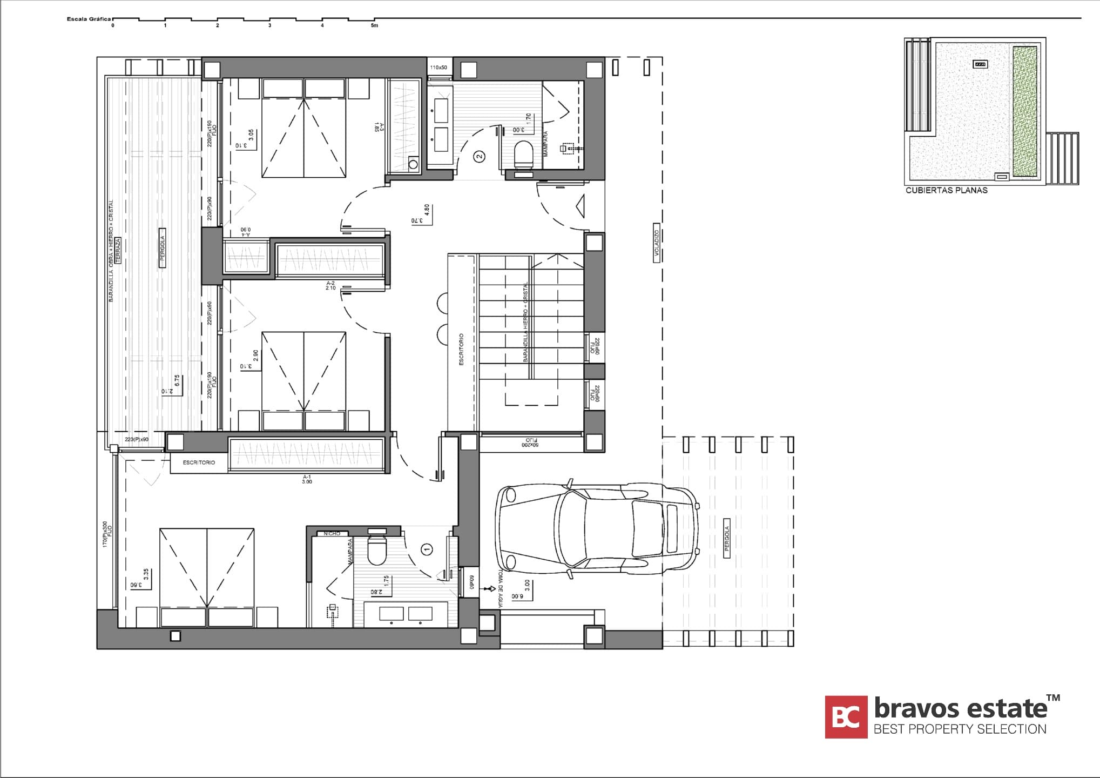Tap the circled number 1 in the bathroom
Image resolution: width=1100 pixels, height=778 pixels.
[x=427, y=550]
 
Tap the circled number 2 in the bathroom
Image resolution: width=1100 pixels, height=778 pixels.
[x=479, y=157]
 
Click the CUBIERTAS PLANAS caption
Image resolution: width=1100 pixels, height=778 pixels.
[x=946, y=190]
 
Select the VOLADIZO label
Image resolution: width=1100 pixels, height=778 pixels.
[x=657, y=243]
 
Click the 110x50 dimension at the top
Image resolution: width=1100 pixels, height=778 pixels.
[x=438, y=68]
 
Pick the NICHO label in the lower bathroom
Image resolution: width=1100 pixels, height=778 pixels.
[x=332, y=534]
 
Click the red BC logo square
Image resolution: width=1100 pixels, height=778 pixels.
[x=846, y=716]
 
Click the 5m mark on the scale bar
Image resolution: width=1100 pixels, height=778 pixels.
[x=374, y=25]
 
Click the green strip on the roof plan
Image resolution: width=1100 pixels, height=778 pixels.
[x=1024, y=111]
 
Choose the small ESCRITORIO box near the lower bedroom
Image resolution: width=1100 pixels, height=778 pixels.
[x=198, y=463]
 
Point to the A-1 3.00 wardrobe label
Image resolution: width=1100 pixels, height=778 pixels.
[x=307, y=479]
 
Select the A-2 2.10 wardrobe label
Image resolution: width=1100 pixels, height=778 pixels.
[x=330, y=285]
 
